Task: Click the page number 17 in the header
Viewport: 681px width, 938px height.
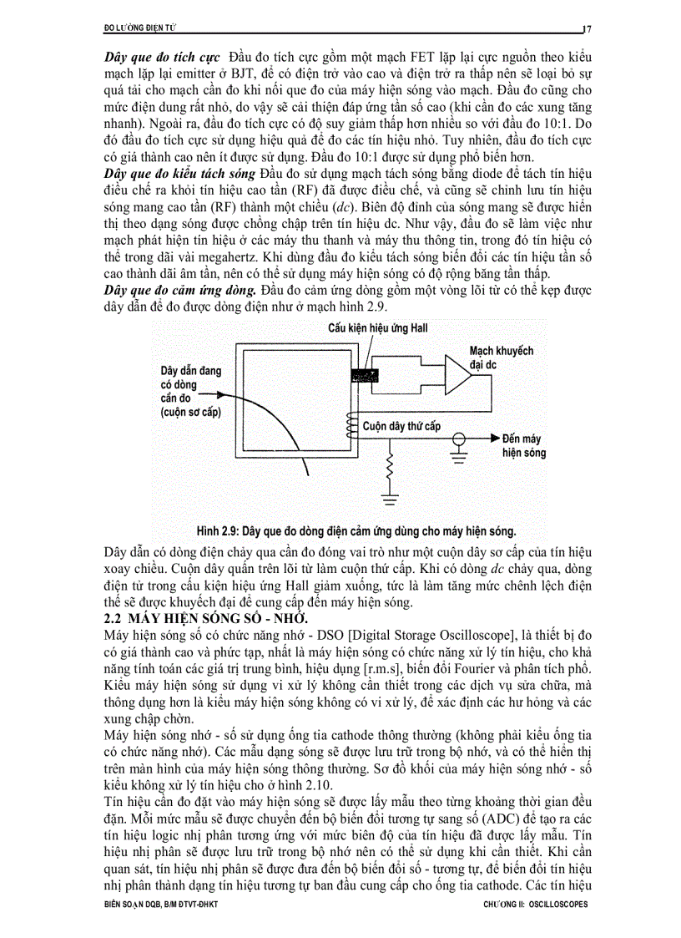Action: click(587, 28)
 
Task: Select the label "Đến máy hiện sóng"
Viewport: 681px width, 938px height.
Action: click(524, 445)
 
